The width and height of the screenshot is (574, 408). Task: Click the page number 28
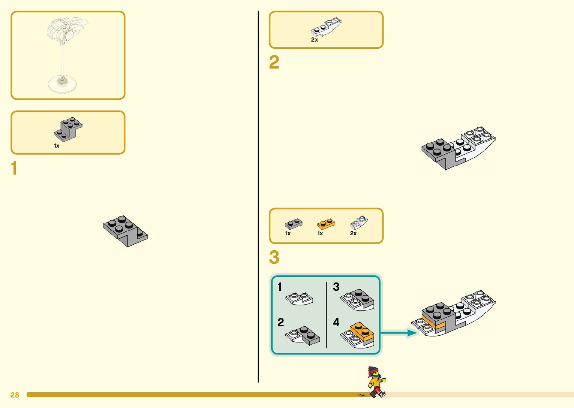pos(15,395)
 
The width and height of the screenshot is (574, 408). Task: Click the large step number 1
pos(14,168)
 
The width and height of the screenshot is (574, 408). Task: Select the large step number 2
pos(274,62)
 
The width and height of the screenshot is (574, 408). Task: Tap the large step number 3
pos(274,257)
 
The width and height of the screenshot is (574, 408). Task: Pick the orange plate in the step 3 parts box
pos(326,224)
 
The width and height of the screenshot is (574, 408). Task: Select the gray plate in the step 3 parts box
pos(293,224)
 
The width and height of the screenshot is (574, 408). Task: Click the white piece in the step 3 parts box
pos(358,223)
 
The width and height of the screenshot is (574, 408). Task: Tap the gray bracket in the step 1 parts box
pos(68,129)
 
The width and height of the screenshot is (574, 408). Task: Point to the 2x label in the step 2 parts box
pos(315,40)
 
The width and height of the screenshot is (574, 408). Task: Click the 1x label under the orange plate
pos(320,233)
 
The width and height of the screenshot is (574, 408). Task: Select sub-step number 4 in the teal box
pos(336,322)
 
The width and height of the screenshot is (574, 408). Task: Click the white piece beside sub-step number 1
pos(299,299)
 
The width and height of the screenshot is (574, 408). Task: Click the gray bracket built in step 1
pos(126,231)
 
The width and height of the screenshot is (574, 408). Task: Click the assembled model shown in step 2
pos(458,148)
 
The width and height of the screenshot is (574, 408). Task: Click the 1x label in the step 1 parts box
pos(57,146)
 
